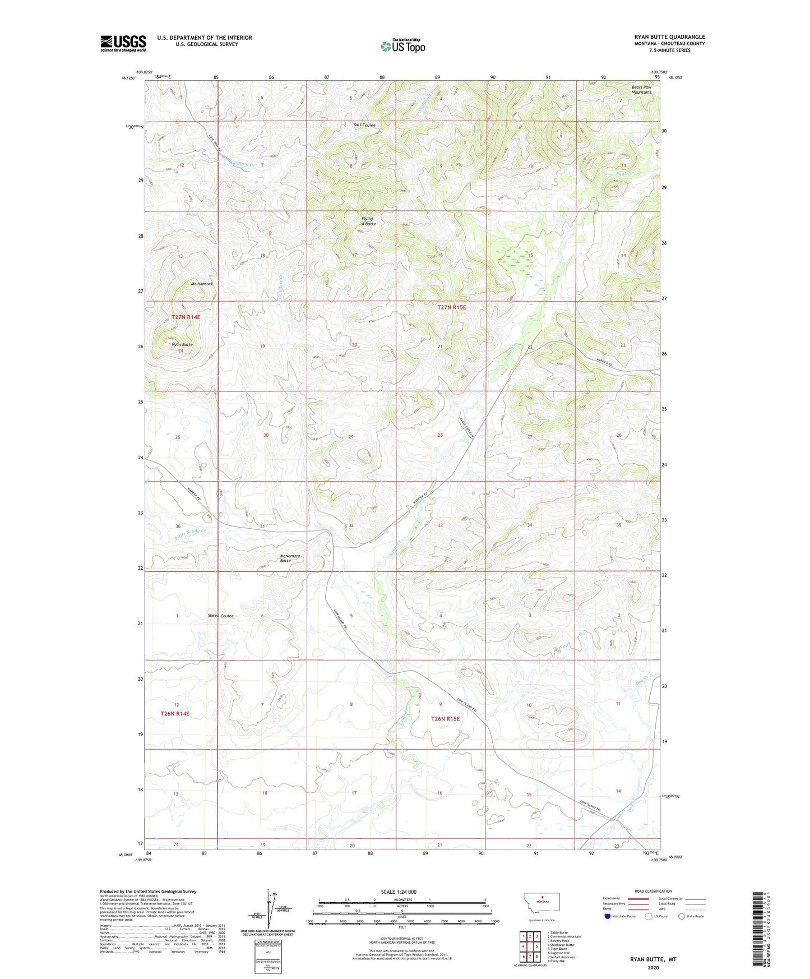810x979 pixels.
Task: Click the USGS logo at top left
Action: pos(123,43)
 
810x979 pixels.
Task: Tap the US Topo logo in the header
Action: pos(402,46)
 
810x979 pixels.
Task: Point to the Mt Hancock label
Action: pos(202,284)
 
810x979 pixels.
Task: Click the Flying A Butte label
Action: pos(368,221)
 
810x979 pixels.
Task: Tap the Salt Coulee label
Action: pos(364,125)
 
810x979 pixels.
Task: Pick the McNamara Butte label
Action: pos(290,558)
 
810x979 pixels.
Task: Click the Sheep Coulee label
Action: pos(220,616)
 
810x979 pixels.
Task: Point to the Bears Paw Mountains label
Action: pos(641,90)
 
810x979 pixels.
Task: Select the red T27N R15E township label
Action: pos(451,307)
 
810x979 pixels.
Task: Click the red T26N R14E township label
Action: pos(175,714)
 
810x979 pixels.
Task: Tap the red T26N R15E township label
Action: pos(445,718)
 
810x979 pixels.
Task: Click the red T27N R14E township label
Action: pos(186,317)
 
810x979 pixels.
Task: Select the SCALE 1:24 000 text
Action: pos(399,892)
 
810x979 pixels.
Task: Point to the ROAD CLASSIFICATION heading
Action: pos(653,891)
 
